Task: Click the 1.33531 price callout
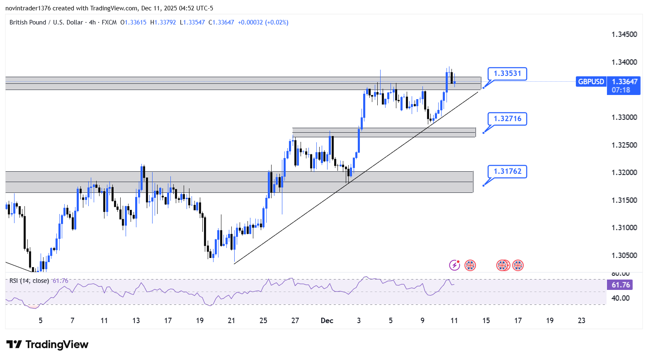click(x=507, y=74)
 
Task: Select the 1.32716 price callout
click(x=507, y=119)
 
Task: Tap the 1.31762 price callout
click(x=507, y=172)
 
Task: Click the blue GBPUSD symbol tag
click(x=591, y=82)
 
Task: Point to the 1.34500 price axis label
click(x=624, y=34)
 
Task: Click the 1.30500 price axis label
click(x=624, y=255)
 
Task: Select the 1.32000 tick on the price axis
click(x=624, y=173)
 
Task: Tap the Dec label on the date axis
click(x=327, y=321)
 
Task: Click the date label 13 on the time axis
click(x=136, y=321)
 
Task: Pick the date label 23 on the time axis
click(x=582, y=321)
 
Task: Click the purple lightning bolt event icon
click(x=455, y=265)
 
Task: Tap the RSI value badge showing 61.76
click(x=621, y=285)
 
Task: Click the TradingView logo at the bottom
click(x=48, y=345)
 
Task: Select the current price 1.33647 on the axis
click(x=624, y=82)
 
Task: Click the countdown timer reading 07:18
click(x=621, y=90)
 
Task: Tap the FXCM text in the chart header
click(x=109, y=22)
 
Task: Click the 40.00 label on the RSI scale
click(x=621, y=298)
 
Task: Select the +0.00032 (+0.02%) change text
click(x=263, y=22)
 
